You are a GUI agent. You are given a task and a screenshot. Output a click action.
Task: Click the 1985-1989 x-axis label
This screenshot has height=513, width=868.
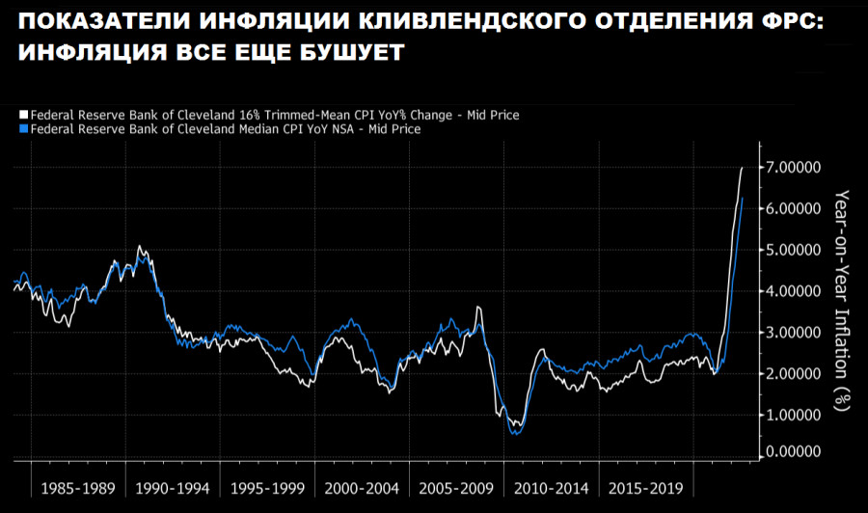[79, 488]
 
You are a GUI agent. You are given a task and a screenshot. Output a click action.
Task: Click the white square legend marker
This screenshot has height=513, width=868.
[24, 115]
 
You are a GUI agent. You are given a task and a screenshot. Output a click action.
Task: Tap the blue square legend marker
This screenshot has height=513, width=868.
[24, 128]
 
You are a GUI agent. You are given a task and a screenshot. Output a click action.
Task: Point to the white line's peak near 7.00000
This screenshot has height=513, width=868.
[742, 168]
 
